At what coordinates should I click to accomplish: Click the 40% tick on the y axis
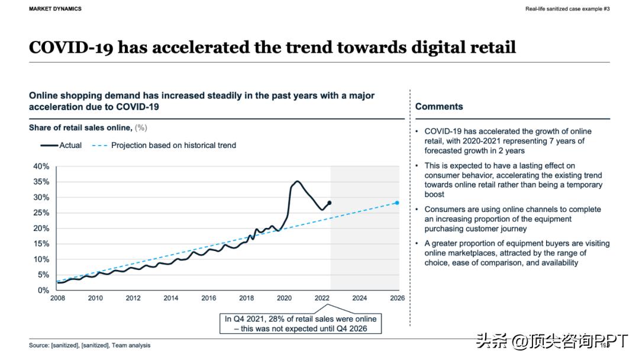[41, 166]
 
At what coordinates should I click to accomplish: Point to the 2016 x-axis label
[209, 298]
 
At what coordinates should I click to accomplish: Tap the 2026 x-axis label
[397, 298]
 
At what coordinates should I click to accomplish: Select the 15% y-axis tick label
[41, 244]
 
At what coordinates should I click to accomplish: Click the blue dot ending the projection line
[397, 203]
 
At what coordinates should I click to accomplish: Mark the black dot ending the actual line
[330, 203]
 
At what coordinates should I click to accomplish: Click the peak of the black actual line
[297, 181]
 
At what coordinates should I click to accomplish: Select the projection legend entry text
[173, 145]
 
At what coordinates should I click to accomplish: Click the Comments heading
[439, 107]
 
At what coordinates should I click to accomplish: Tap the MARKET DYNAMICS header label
[55, 9]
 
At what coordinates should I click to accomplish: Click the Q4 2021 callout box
[301, 323]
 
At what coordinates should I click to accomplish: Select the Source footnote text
[89, 345]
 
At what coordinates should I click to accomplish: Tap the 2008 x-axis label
[57, 298]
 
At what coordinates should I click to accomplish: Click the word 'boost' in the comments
[434, 194]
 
